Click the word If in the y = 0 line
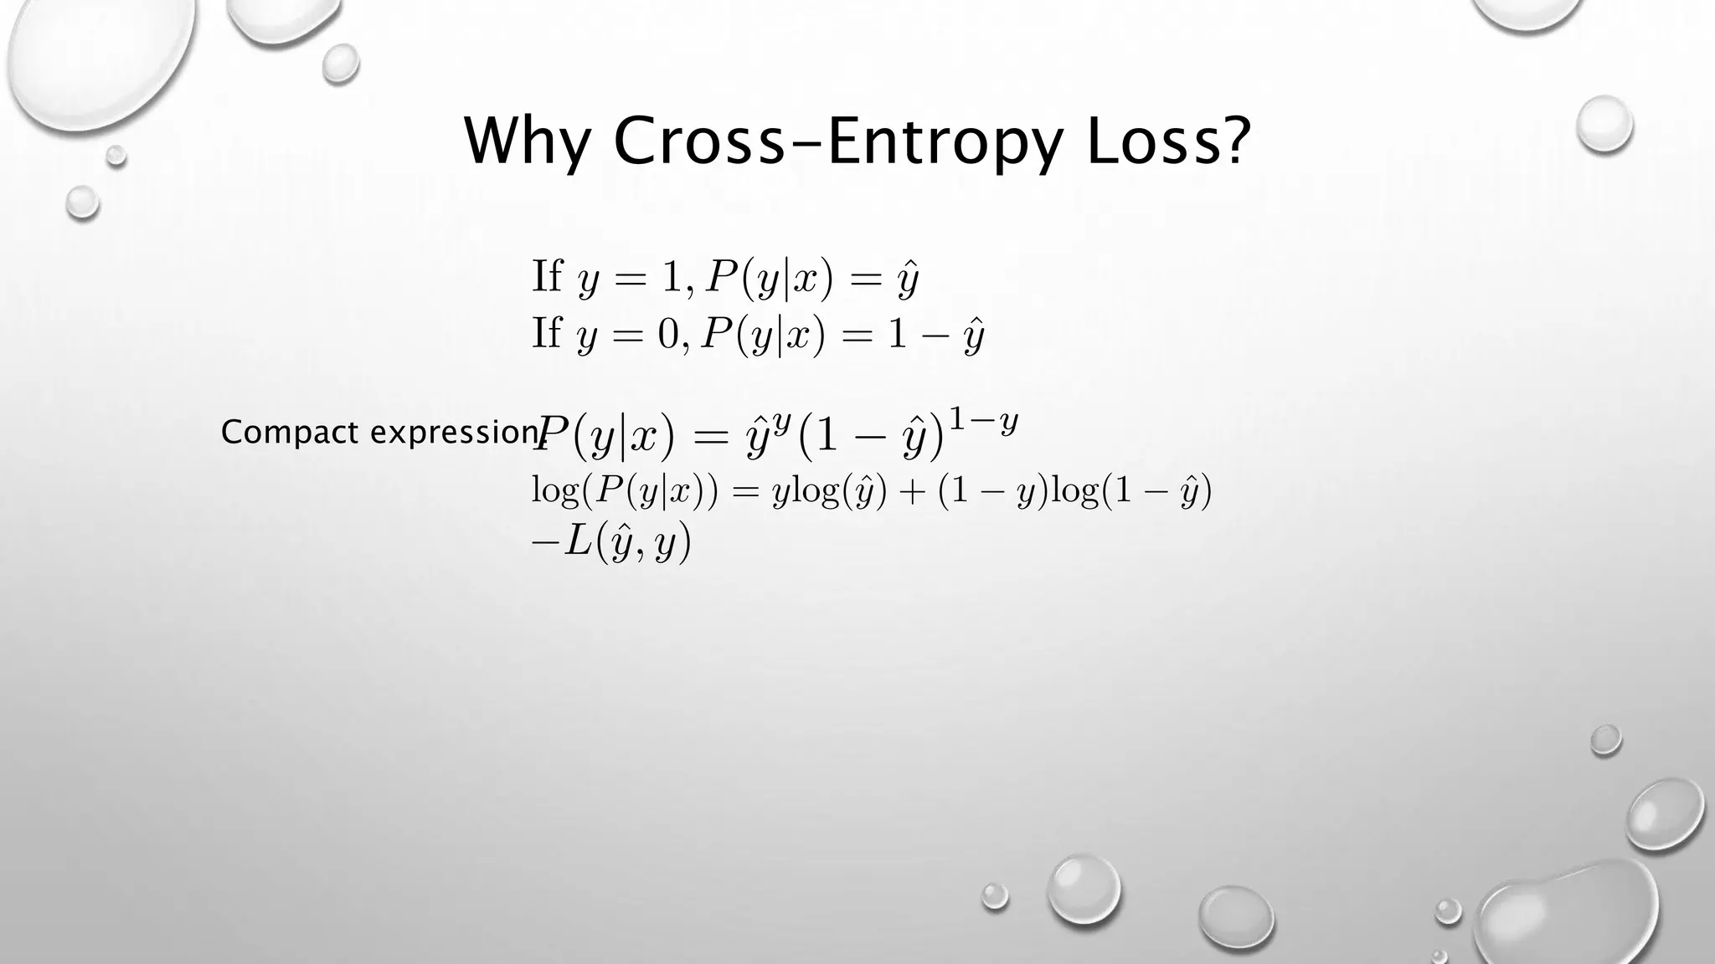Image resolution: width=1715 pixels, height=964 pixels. [547, 333]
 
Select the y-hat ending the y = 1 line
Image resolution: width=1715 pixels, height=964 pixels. [909, 279]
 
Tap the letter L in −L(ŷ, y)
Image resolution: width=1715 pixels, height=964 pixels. [579, 542]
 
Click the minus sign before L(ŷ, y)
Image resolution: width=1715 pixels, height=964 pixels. [544, 543]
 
